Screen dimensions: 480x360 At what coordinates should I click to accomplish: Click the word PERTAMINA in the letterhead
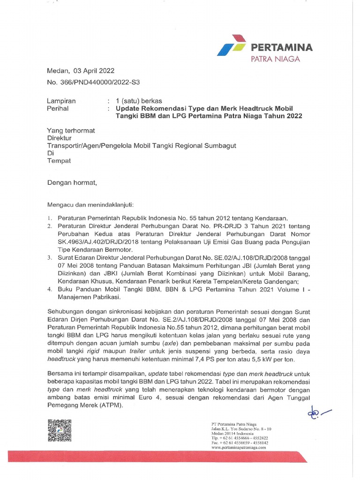tap(282, 47)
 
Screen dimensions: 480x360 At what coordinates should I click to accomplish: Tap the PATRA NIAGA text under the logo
tap(275, 59)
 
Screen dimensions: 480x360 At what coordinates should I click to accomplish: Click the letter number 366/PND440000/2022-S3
tap(93, 82)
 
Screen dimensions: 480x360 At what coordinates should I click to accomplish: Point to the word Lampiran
tap(61, 101)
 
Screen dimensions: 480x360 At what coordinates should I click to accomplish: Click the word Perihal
tap(58, 108)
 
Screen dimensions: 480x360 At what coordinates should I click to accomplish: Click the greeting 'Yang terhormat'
tap(71, 131)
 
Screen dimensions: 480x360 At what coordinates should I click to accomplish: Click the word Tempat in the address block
tap(59, 161)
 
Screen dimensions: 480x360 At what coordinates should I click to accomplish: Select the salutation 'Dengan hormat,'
tap(72, 183)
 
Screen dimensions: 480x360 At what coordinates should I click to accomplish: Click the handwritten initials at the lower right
tap(317, 412)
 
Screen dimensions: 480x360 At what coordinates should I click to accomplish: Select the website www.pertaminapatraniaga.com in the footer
tap(239, 447)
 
